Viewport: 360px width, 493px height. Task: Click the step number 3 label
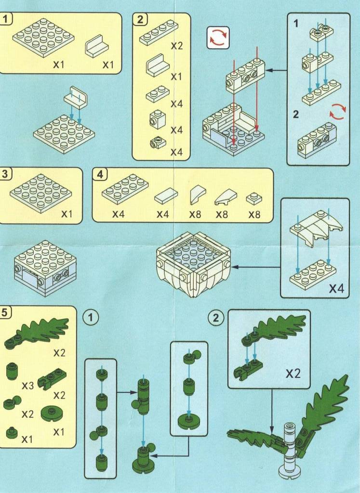click(x=4, y=174)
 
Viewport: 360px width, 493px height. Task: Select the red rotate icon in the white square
click(x=218, y=38)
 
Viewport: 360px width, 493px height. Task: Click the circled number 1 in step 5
click(x=91, y=317)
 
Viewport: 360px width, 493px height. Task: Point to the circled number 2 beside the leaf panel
click(x=215, y=318)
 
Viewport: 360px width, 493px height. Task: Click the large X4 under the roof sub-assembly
click(x=336, y=288)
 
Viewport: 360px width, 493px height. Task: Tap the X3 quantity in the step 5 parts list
click(x=27, y=386)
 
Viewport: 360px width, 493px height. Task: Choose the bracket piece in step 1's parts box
click(x=96, y=46)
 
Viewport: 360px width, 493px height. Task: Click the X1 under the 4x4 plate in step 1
click(x=58, y=65)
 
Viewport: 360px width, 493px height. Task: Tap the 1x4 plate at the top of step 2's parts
click(x=159, y=33)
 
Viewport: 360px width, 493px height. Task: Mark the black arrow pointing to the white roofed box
click(x=255, y=267)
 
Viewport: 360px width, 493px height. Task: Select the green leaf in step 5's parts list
click(x=37, y=333)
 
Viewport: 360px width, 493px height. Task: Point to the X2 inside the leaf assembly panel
click(x=293, y=374)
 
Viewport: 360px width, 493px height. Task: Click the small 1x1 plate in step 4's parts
click(x=254, y=199)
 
